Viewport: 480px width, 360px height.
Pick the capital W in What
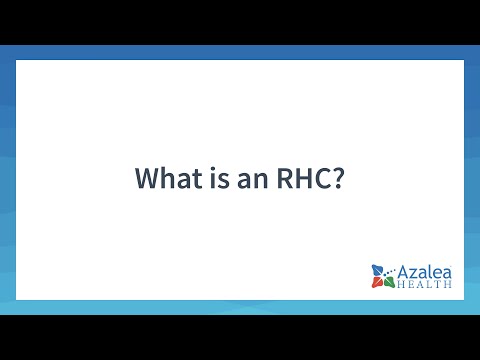click(147, 180)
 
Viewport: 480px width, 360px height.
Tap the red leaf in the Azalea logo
click(377, 282)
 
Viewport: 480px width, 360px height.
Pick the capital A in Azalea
click(404, 271)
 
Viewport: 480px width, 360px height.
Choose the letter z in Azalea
click(414, 273)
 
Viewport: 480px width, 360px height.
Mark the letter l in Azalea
click(431, 271)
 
